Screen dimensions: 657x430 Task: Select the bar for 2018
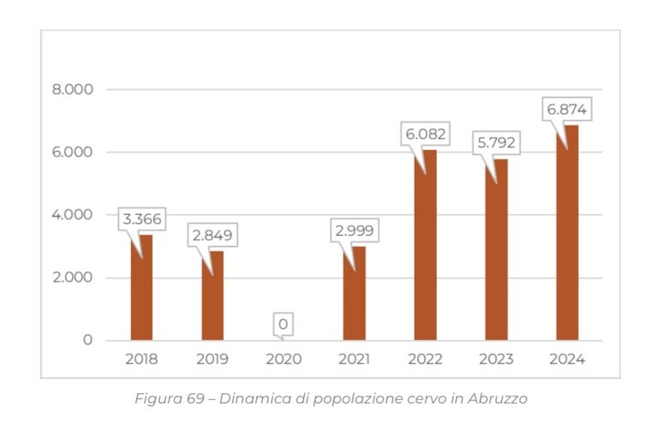point(141,288)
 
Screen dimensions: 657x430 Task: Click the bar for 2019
point(212,296)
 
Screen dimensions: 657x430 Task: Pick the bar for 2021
point(355,293)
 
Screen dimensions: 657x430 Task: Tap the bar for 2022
point(425,245)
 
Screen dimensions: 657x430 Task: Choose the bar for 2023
point(497,249)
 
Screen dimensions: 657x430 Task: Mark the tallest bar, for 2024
point(567,233)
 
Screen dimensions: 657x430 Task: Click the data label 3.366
point(142,218)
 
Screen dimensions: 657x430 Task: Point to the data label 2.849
point(212,235)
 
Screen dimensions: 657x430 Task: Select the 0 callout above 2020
point(284,324)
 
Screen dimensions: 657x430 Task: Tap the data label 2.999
point(355,230)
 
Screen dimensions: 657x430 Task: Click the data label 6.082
point(425,134)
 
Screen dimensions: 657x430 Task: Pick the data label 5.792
point(497,143)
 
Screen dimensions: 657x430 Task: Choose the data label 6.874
point(567,110)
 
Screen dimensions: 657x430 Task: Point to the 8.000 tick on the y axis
point(73,89)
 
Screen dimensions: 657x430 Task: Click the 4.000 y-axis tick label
point(72,215)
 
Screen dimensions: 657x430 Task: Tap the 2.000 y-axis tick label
point(73,278)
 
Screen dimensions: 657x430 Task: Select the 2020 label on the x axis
point(284,359)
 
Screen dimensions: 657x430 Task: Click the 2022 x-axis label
point(425,359)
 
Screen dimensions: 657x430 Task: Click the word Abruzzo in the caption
point(498,398)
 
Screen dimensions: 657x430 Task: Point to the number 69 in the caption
point(195,398)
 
